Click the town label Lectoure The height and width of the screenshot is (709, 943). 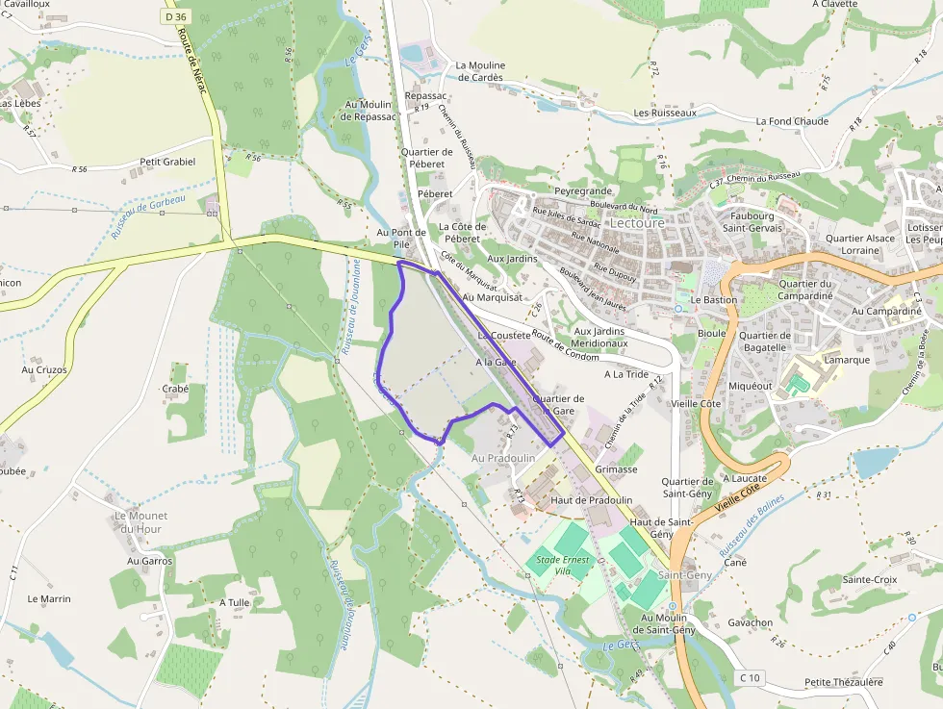point(637,222)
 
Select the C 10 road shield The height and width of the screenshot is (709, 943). point(750,678)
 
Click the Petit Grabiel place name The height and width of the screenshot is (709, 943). point(167,162)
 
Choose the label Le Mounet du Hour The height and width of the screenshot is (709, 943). point(140,522)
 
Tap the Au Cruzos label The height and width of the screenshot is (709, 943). point(44,369)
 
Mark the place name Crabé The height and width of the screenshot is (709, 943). point(176,389)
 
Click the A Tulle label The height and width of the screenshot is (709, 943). point(235,602)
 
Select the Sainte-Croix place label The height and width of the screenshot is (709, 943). point(870,580)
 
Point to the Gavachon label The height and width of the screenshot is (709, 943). point(751,622)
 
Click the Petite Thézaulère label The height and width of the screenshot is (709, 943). point(843,682)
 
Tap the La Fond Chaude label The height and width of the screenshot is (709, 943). point(792,121)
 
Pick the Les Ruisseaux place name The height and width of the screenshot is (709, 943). point(665,113)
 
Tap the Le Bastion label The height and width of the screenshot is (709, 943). point(713,300)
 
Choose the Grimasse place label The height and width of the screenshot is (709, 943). point(617,469)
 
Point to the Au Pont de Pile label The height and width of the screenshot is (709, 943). point(401,239)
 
